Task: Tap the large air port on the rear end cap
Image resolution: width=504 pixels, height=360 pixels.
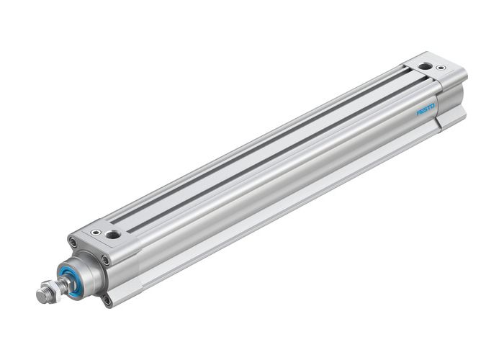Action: [426, 66]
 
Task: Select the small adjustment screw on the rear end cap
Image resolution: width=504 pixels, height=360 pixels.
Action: [441, 68]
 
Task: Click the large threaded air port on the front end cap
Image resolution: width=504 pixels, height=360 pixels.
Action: [112, 235]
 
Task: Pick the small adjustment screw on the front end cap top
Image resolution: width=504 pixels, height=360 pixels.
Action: [96, 232]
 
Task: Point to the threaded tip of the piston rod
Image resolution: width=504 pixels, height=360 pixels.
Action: [41, 295]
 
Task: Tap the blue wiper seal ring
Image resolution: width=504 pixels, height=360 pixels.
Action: [70, 278]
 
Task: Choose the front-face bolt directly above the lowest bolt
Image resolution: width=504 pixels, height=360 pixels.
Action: [106, 260]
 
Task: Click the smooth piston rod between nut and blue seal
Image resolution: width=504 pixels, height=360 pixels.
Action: [62, 284]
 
